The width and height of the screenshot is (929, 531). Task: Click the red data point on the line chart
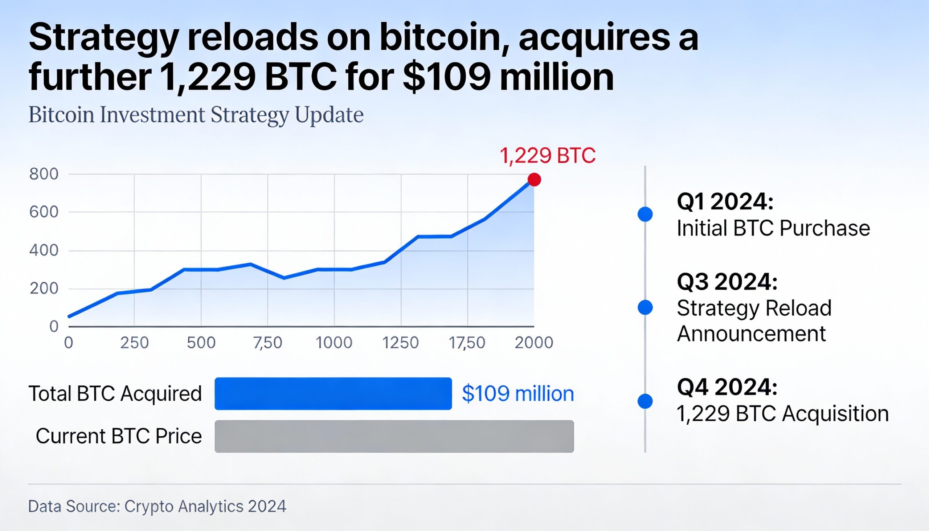pos(534,179)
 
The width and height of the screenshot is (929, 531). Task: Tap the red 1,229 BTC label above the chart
pos(547,156)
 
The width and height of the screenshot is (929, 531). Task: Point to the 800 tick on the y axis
pos(44,174)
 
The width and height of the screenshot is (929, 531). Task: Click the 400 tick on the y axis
pos(44,250)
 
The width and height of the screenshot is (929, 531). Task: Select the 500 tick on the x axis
pos(201,343)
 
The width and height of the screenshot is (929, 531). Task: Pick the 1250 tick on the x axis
pos(400,343)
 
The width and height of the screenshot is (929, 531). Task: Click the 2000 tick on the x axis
pos(534,343)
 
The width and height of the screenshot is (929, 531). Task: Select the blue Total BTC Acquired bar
pos(333,393)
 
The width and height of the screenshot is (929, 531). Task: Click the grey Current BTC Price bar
pos(394,436)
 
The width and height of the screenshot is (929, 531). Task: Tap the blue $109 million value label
pos(518,393)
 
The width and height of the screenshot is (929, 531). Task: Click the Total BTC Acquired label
pos(115,393)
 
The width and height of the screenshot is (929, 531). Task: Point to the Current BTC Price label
pos(119,436)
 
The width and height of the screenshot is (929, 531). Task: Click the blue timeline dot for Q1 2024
pos(645,214)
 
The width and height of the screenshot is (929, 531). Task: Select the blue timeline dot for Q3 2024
pos(645,307)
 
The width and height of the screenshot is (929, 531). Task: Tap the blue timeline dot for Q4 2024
pos(645,401)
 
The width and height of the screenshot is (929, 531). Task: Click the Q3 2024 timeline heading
pos(727,282)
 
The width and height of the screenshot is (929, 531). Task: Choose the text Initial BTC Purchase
pos(773,228)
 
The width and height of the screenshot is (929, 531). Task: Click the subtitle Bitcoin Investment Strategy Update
pos(196,115)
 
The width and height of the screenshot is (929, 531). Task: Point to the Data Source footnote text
pos(157,506)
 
